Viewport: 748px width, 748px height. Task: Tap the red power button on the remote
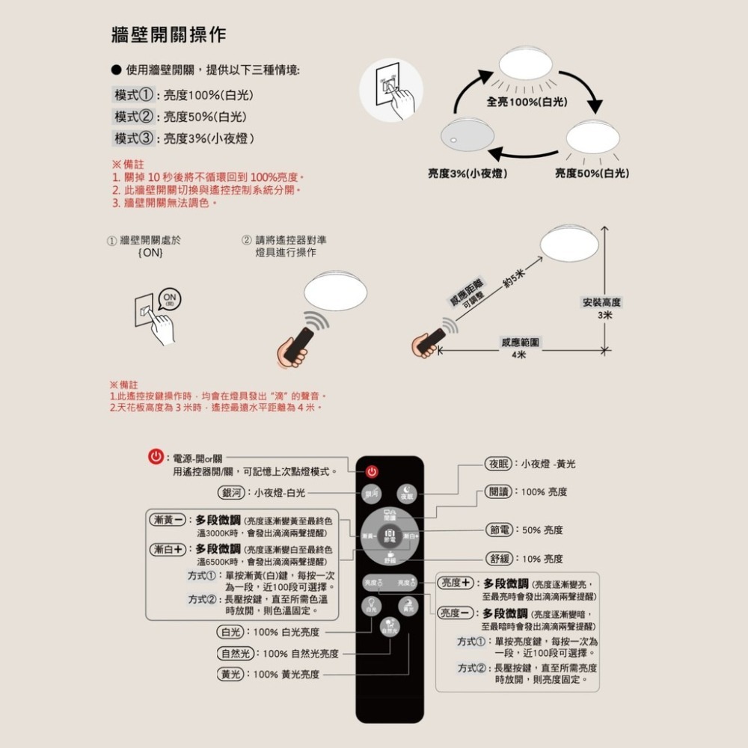[x=372, y=471]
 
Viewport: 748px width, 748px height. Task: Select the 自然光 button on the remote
[x=390, y=628]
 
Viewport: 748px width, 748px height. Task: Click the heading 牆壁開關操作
[x=168, y=35]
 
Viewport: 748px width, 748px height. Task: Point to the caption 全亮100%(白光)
[x=527, y=101]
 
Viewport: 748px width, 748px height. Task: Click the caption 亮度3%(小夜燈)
[x=467, y=174]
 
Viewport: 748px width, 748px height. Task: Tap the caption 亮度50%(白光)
[x=592, y=174]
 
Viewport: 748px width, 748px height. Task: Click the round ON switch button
[x=171, y=299]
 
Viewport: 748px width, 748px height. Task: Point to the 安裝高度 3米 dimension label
[x=603, y=308]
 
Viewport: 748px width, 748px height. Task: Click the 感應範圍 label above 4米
[x=521, y=342]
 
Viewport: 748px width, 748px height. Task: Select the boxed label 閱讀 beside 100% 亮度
[x=499, y=491]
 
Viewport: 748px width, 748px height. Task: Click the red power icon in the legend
[x=156, y=457]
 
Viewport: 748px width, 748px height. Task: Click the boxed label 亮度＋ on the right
[x=456, y=583]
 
